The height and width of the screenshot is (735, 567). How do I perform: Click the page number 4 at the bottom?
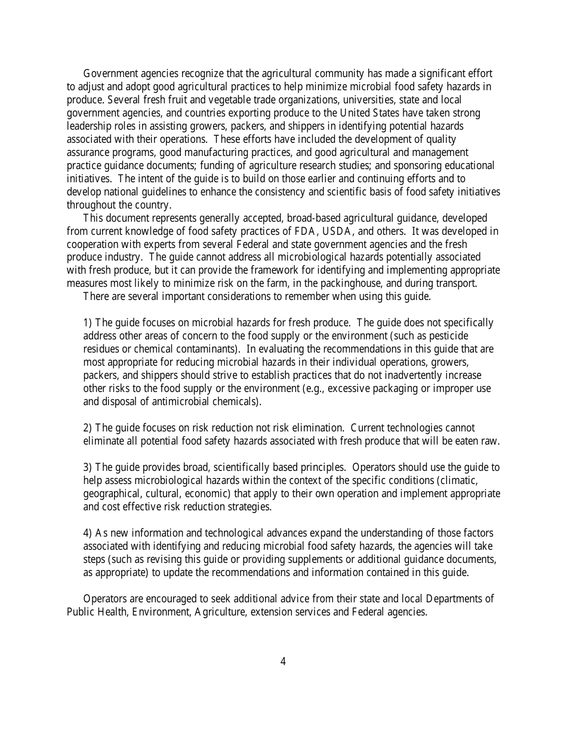click(x=283, y=661)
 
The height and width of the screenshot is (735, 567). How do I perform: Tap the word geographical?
click(x=109, y=494)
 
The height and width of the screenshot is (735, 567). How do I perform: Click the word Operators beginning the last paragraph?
click(x=104, y=599)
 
